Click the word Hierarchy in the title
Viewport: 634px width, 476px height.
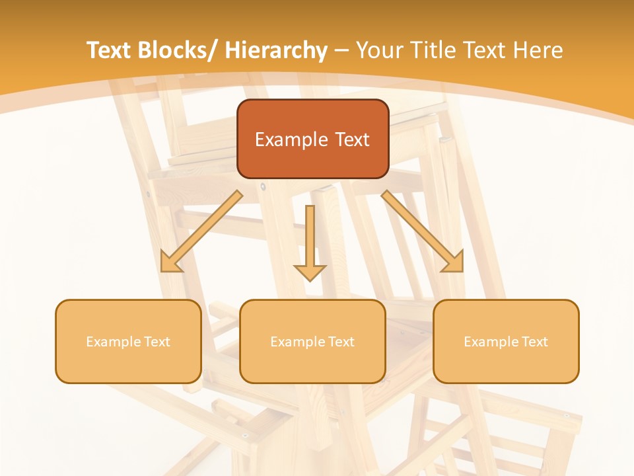coord(276,50)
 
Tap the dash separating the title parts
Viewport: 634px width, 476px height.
coord(341,51)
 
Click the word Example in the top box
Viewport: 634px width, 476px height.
coord(291,139)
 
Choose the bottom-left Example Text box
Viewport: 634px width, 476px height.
coord(128,341)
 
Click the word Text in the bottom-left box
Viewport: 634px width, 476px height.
coord(156,342)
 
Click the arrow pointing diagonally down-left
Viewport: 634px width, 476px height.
coord(201,231)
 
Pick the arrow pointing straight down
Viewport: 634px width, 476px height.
coord(310,238)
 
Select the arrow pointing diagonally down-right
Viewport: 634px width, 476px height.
coord(423,231)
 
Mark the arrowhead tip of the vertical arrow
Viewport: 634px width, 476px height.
coord(310,280)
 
